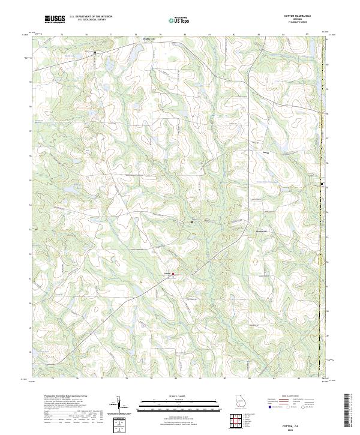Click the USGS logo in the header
pos(55,19)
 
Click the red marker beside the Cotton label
pos(174,275)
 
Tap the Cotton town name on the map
pos(168,275)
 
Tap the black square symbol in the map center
pos(191,223)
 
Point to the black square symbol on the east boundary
pos(322,184)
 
